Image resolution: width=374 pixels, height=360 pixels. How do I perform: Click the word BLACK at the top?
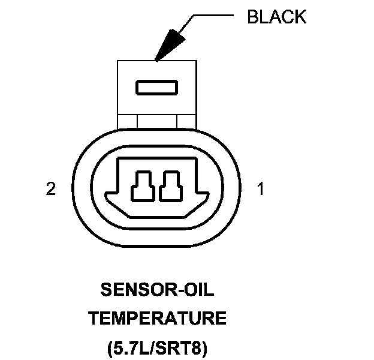click(276, 17)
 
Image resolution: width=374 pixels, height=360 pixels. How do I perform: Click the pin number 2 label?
click(51, 190)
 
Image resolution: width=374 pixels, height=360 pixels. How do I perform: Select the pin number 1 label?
click(260, 190)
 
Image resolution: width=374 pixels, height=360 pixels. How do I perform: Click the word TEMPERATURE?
click(158, 319)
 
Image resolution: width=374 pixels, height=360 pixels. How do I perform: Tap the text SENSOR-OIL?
click(158, 291)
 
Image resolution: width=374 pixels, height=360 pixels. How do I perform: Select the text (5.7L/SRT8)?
click(158, 346)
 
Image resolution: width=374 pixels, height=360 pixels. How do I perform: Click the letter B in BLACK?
click(252, 17)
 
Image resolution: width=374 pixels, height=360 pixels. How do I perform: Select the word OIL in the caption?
click(198, 291)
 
